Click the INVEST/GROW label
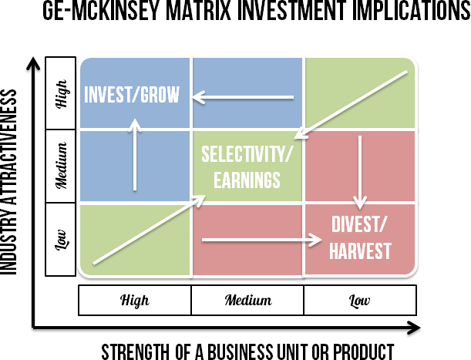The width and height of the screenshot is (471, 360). pos(132,95)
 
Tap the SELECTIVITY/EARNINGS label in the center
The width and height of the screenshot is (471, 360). pos(247,166)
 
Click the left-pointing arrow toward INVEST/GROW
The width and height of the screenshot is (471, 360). pos(244,97)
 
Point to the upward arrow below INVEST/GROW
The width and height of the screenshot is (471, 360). pos(136,154)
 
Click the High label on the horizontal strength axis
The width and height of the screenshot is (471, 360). pos(135,300)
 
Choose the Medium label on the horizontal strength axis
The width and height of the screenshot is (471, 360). pos(247,300)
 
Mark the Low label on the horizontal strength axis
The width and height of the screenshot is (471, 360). pos(360,300)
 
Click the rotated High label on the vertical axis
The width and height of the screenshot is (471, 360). pos(62,93)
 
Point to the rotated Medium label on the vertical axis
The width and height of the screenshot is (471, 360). pos(62,166)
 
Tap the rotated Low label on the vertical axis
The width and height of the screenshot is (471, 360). pos(62,239)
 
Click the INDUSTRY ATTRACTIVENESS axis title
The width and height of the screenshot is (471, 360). pos(10,182)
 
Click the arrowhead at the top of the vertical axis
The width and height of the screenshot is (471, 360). pos(32,62)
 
